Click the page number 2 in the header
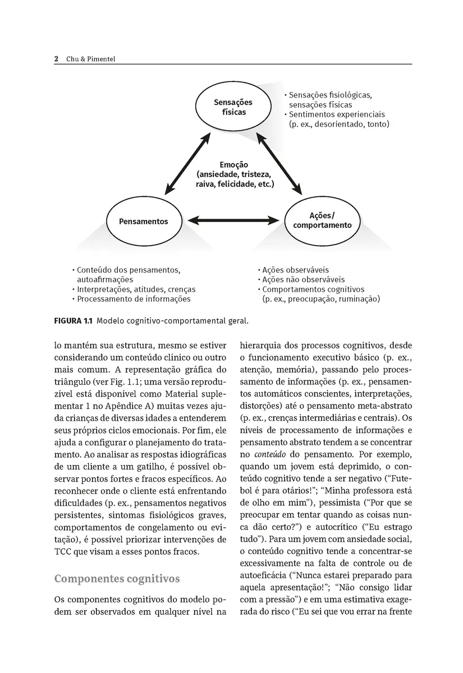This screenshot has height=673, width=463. coord(57,59)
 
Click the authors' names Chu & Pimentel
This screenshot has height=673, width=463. coord(90,59)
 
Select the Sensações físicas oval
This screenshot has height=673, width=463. coord(233,107)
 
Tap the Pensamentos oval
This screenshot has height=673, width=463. coord(143,221)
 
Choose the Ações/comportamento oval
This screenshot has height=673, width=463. coord(322,220)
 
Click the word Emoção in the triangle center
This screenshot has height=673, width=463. coord(234,165)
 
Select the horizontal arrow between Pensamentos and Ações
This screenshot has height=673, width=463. coord(233,220)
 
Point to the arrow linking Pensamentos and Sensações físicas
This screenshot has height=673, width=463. coord(187,164)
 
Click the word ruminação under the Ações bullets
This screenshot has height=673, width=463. coord(359,299)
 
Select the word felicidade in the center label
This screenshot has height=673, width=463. coord(231,184)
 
